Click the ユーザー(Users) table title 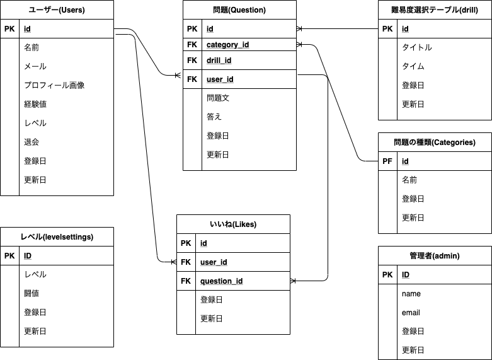tap(57, 10)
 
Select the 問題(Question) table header tap(239, 10)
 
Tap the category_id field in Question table tap(227, 45)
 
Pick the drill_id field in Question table tap(219, 61)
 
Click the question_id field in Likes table tap(222, 281)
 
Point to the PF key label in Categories tap(387, 161)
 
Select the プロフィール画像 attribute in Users tap(54, 85)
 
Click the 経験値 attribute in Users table tap(35, 104)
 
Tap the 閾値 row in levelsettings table tap(35, 293)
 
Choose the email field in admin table tap(411, 313)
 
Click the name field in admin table tap(411, 294)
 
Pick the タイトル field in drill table tap(416, 47)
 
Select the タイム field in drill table tap(413, 66)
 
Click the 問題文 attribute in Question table tap(218, 98)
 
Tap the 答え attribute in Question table tap(214, 117)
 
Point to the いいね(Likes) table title tap(233, 224)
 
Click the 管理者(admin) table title tap(435, 256)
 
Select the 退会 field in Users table tap(31, 142)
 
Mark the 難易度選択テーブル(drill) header tap(435, 10)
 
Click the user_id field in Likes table tap(214, 262)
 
